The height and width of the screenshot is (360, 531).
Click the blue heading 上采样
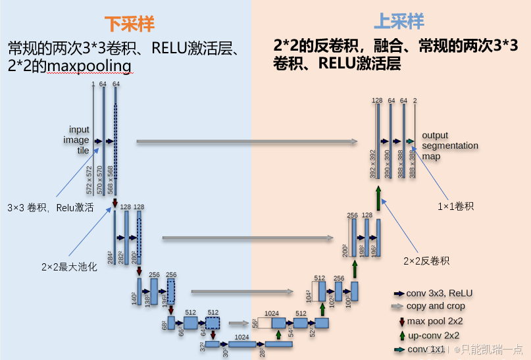click(x=399, y=22)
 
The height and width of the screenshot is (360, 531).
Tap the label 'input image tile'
click(x=78, y=140)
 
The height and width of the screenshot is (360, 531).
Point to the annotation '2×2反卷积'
click(x=426, y=261)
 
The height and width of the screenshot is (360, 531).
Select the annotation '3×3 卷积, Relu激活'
click(x=50, y=207)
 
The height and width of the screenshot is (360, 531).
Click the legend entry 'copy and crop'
click(x=435, y=306)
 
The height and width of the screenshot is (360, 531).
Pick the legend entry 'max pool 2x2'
click(x=435, y=321)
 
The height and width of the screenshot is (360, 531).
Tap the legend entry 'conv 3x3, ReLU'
click(x=440, y=293)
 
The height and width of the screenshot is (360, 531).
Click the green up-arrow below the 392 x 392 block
click(x=379, y=197)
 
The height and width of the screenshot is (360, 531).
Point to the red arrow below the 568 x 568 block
click(x=115, y=203)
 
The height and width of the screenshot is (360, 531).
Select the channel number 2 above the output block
click(x=415, y=101)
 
